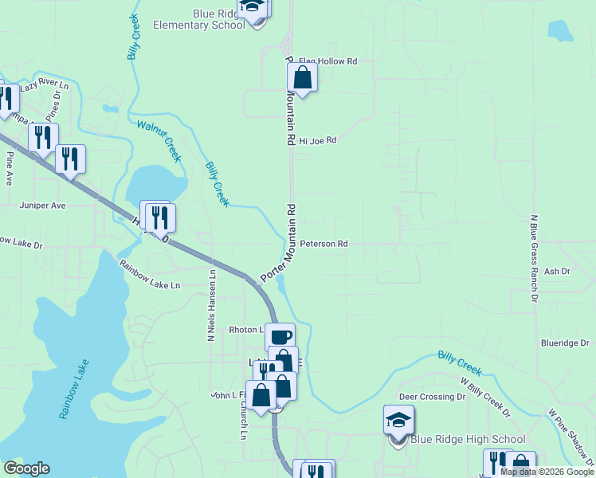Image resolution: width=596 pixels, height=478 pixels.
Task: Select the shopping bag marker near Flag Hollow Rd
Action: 303,77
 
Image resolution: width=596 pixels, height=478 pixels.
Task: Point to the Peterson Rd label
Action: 324,244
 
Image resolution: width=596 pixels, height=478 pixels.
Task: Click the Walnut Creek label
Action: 159,140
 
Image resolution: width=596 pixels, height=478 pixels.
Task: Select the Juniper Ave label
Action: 42,205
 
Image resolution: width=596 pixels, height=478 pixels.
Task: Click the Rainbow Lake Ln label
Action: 150,274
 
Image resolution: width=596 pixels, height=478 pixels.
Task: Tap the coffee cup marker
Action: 280,336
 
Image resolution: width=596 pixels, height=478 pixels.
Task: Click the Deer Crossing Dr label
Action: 432,396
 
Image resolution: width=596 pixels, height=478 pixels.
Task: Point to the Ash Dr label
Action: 557,272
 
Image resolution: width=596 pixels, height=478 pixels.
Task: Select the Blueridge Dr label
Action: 564,343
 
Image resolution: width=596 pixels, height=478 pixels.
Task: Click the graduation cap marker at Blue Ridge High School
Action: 398,418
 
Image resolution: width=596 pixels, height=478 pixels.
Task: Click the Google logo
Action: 26,469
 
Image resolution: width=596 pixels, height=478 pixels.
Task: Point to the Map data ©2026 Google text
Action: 546,472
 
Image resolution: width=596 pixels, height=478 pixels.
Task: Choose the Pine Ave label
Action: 10,168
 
